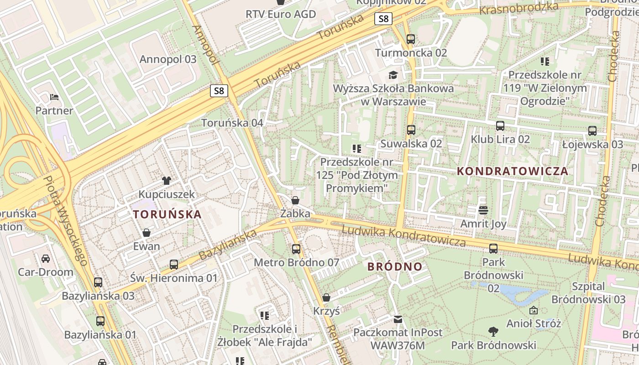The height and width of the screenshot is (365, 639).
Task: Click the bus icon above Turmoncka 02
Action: tap(411, 39)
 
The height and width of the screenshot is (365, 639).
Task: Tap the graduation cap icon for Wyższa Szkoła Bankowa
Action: tap(393, 74)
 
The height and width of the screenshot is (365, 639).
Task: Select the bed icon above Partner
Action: tap(54, 97)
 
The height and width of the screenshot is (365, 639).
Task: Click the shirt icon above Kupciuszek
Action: tap(167, 181)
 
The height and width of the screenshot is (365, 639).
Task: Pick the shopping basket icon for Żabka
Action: tap(295, 200)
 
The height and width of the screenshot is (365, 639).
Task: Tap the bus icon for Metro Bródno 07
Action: tap(296, 249)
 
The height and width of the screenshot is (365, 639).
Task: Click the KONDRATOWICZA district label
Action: tap(513, 172)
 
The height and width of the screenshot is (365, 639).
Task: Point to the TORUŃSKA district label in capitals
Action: tap(167, 214)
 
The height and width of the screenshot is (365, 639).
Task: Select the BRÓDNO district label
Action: tap(395, 267)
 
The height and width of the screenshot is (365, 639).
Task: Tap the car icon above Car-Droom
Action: tap(46, 259)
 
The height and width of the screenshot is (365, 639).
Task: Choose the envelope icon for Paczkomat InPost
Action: tap(398, 319)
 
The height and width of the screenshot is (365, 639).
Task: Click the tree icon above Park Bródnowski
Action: tap(493, 331)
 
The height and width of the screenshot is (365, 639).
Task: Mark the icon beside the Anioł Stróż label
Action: tap(533, 310)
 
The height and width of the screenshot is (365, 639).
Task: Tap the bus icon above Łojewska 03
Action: tap(592, 131)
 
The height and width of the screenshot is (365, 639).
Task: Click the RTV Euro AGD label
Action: tap(281, 14)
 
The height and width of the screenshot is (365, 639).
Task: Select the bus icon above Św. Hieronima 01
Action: tap(174, 264)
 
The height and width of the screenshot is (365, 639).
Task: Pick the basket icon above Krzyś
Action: tap(326, 298)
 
